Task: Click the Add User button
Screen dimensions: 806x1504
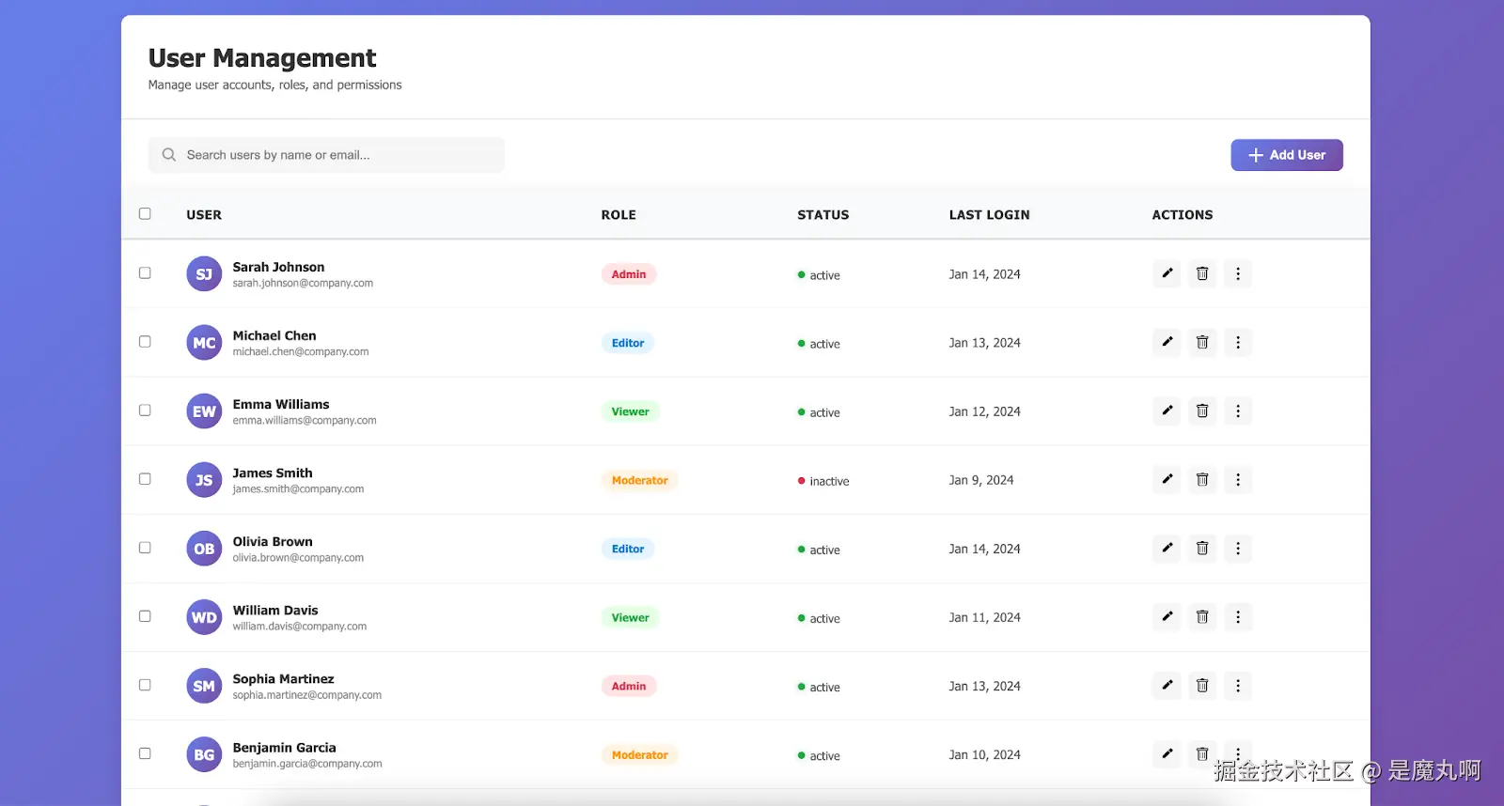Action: [1286, 155]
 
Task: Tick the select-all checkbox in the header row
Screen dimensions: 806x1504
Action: [145, 214]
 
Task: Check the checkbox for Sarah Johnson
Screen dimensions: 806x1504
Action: [145, 273]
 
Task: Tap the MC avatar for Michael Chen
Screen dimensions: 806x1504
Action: [204, 343]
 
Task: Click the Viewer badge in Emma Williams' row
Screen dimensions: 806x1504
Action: [630, 411]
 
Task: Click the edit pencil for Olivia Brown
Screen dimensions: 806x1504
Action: [1167, 548]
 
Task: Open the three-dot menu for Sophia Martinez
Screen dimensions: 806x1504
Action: [1237, 686]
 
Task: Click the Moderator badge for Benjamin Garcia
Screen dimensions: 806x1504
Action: [639, 755]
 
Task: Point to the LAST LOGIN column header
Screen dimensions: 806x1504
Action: [989, 215]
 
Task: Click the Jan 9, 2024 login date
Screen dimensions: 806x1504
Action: [980, 480]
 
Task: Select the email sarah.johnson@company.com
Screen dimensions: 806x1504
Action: [303, 284]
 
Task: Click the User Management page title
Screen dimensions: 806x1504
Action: [262, 58]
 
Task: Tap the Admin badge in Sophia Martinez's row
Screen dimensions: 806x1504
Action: [629, 687]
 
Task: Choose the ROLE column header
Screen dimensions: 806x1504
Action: [619, 215]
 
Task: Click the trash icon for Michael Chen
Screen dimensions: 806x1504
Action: [1201, 342]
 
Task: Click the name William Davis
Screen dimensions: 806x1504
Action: [275, 611]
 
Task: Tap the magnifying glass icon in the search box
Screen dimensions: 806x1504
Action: [169, 155]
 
